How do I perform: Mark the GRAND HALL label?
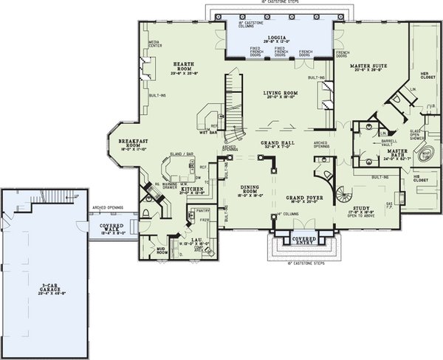point(277,144)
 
